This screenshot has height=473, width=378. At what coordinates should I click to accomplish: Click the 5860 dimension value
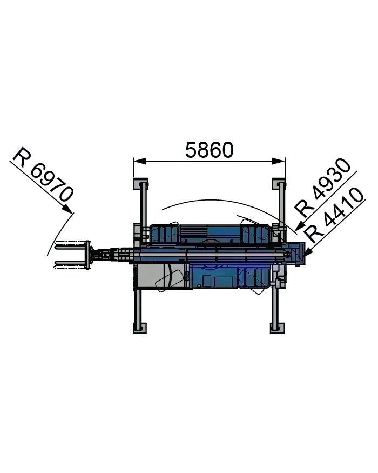209,150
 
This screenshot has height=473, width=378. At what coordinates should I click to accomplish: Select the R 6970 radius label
43,175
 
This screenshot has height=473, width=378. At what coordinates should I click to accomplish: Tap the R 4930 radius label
322,187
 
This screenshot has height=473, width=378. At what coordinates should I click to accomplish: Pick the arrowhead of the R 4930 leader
300,226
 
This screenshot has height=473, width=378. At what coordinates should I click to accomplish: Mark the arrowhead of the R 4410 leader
308,252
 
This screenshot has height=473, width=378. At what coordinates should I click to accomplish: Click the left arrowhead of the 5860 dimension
140,161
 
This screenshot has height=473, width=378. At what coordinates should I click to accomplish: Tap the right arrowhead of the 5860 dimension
278,161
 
